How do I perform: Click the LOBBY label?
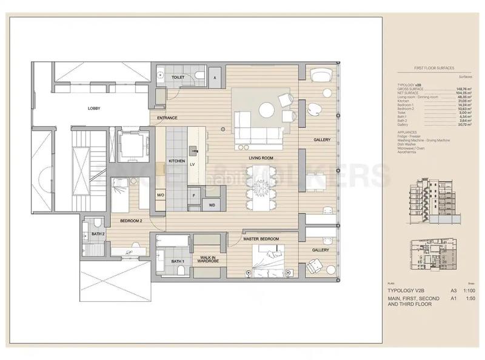[x=93, y=108]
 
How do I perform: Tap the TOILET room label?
[x=178, y=78]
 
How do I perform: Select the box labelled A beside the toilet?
[x=215, y=78]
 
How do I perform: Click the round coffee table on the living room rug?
[x=266, y=110]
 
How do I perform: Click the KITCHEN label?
[x=176, y=161]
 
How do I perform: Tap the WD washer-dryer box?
[x=212, y=205]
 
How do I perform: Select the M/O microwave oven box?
[x=161, y=195]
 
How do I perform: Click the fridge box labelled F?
[x=193, y=195]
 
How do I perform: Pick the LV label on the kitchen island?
[x=192, y=164]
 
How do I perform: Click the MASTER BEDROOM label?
[x=261, y=239]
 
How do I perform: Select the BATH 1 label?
[x=177, y=261]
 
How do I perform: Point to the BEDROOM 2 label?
[x=130, y=221]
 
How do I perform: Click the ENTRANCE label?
[x=167, y=118]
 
